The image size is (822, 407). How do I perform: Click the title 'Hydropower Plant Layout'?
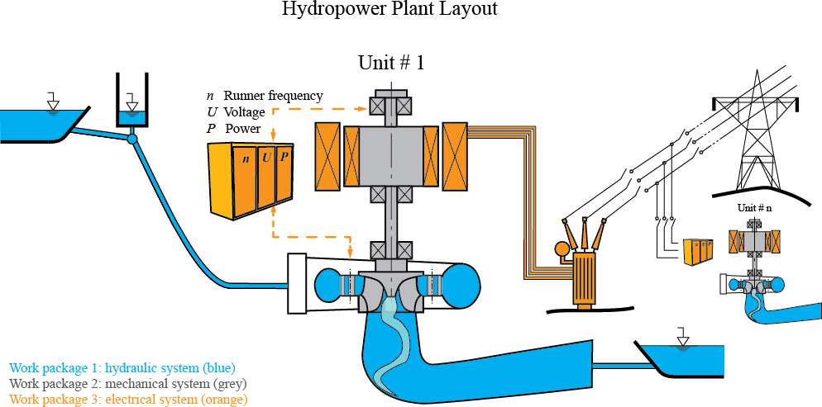[389, 10]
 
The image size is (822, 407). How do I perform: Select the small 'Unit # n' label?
[754, 209]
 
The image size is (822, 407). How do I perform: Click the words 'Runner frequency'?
[273, 96]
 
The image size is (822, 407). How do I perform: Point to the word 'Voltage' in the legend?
[244, 112]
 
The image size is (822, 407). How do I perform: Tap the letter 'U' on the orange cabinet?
[266, 157]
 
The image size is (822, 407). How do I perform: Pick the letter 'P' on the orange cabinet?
[284, 157]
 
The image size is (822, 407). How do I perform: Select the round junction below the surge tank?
[131, 140]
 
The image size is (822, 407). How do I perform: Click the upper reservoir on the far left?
[37, 123]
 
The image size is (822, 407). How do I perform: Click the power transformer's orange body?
[586, 276]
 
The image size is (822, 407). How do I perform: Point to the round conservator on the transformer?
[562, 248]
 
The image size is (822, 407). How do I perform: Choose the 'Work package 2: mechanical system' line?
[128, 384]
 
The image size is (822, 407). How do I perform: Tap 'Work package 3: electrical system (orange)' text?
[128, 400]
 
